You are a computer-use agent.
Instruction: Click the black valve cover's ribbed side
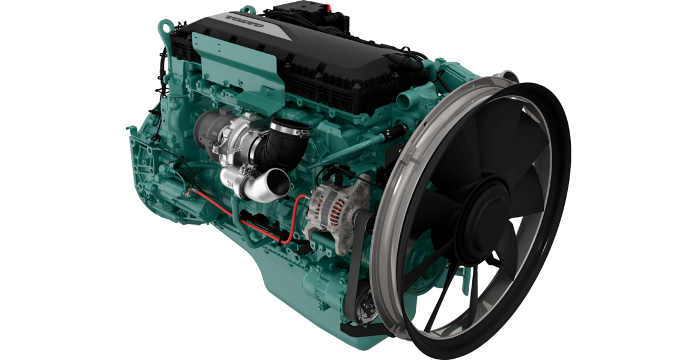[x=336, y=90]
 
